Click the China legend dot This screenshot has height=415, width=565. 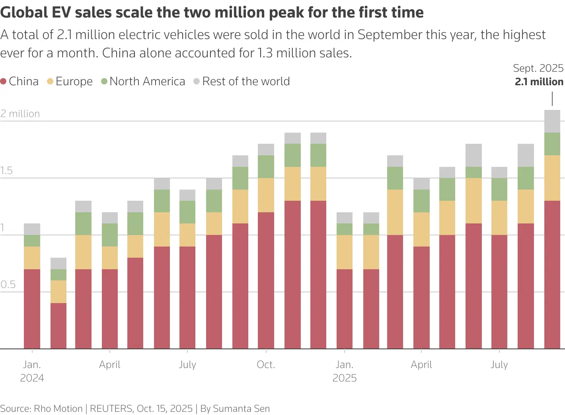click(x=4, y=81)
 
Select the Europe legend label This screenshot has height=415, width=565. click(x=74, y=81)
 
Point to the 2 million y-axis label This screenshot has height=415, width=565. click(x=20, y=114)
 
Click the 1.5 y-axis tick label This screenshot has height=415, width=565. click(x=7, y=171)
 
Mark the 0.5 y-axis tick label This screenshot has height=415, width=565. click(x=8, y=285)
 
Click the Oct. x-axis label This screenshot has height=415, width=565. click(x=266, y=364)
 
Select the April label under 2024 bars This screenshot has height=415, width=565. click(x=110, y=364)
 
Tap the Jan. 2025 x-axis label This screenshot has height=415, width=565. click(x=345, y=371)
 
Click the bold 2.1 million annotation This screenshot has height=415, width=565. click(x=539, y=82)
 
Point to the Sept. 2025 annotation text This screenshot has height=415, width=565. click(x=538, y=68)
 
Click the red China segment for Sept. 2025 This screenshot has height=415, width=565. click(x=552, y=275)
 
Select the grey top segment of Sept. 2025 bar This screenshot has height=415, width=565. click(x=552, y=121)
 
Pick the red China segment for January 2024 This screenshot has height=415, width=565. click(x=32, y=309)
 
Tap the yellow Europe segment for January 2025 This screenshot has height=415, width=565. click(x=345, y=252)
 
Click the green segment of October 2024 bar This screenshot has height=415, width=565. click(x=266, y=166)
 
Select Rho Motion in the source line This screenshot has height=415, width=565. click(x=58, y=409)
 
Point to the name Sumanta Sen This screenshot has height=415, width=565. click(x=241, y=409)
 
